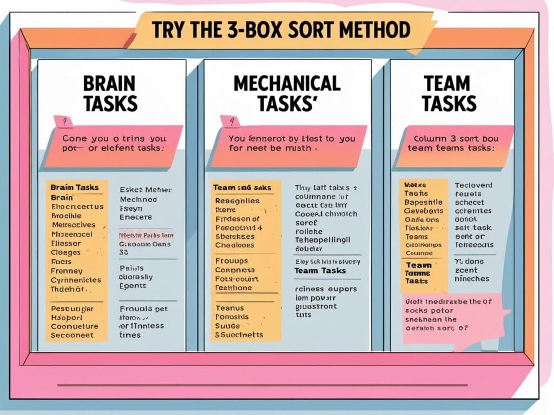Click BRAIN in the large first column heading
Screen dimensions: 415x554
click(x=109, y=84)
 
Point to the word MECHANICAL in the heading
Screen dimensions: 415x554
click(x=287, y=84)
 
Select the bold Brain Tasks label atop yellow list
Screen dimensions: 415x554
click(x=75, y=188)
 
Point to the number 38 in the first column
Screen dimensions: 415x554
click(x=124, y=252)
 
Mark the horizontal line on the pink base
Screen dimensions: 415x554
click(x=262, y=385)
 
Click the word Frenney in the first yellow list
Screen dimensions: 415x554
click(x=67, y=271)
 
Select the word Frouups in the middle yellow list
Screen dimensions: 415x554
click(x=231, y=260)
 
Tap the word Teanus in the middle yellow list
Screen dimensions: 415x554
click(x=229, y=308)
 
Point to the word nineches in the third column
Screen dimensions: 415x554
click(x=471, y=279)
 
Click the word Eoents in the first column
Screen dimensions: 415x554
click(x=133, y=286)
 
